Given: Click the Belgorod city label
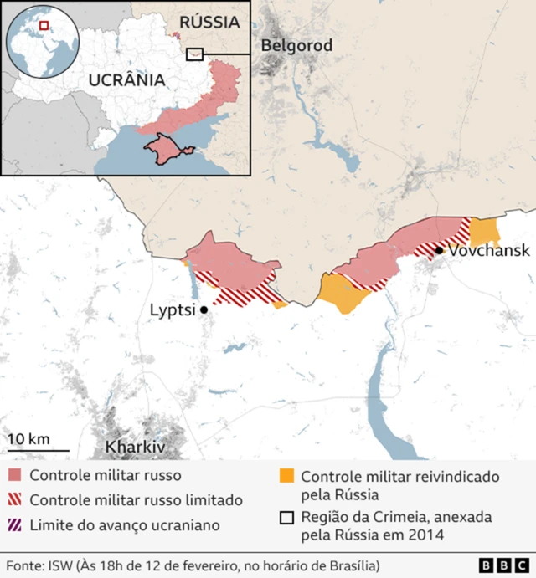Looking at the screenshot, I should coord(296,45).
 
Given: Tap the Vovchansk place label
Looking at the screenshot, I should coord(489,250).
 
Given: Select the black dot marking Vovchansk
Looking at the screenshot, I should coord(439,250).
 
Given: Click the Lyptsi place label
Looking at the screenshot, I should coord(172,309).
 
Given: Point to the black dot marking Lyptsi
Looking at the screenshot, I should coord(204,309).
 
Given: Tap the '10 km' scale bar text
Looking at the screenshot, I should coord(28,439).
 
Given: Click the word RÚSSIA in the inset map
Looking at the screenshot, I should coord(209,23).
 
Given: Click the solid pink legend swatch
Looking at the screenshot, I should coord(15,476).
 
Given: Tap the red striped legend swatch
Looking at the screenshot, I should coord(15,500).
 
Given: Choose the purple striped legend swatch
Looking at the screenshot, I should coord(15,525).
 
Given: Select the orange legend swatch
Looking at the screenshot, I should coord(286,476).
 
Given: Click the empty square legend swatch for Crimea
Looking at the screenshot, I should coord(286,517).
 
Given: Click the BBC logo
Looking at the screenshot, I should coord(501,565).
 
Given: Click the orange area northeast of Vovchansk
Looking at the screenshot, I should coord(485,231).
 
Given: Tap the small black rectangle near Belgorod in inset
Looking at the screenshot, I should coord(194,54).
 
